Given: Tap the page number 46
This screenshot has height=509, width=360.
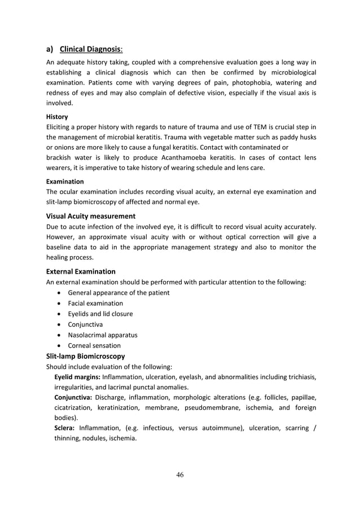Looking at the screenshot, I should (x=179, y=475).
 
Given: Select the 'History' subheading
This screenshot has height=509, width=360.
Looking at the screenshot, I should (x=57, y=117).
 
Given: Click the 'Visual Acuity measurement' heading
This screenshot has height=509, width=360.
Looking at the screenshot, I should (x=90, y=216).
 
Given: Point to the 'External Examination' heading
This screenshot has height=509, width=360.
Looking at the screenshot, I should (x=81, y=271).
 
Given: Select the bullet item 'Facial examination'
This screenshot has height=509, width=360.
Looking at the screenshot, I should (x=95, y=303).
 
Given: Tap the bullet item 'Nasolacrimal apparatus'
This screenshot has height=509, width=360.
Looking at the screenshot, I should (x=103, y=335).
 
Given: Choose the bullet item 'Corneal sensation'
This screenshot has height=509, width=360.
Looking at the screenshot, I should (x=94, y=345).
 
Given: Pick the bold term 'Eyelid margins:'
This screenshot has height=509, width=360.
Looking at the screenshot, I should (x=77, y=377).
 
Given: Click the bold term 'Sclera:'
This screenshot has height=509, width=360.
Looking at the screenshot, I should (x=65, y=428).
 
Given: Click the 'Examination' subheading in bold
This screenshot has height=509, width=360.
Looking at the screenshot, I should (x=65, y=182).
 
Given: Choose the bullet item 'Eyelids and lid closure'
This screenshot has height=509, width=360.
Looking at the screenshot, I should (x=100, y=314).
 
